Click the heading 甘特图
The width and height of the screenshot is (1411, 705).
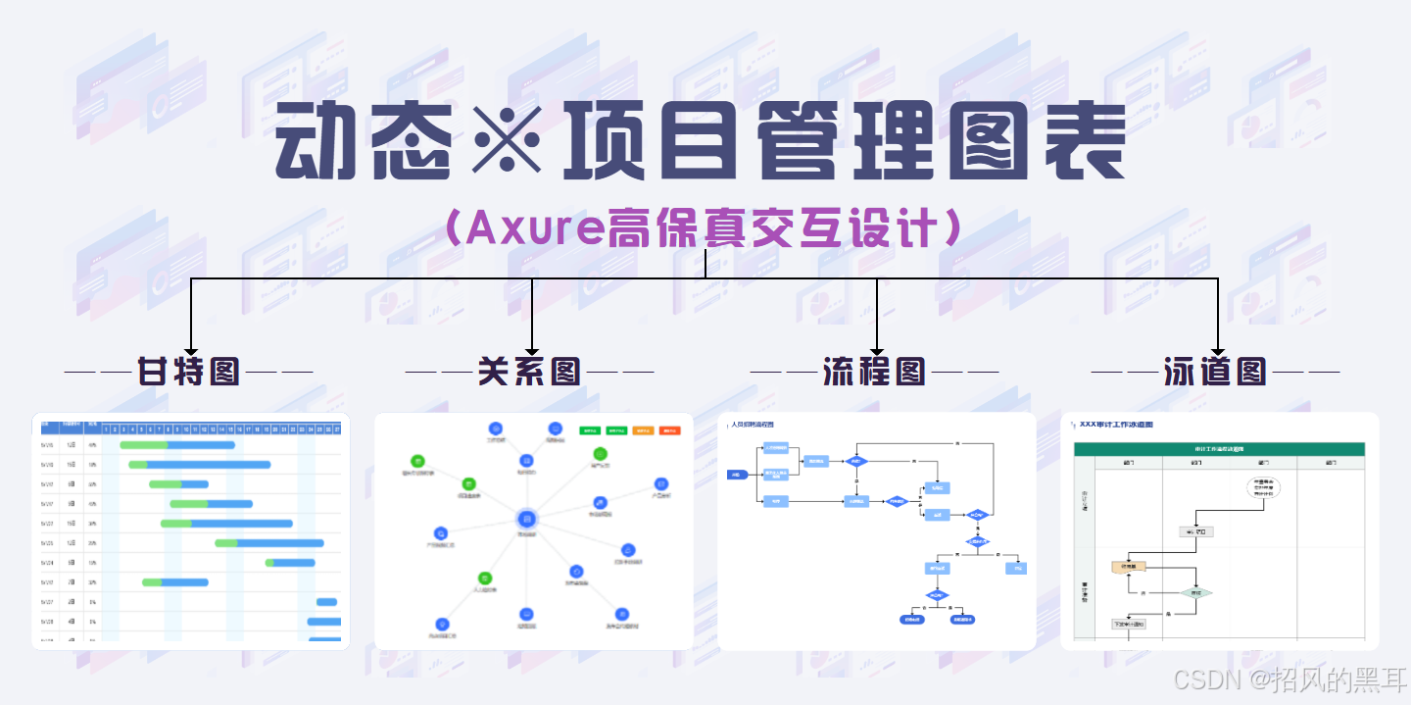(x=189, y=372)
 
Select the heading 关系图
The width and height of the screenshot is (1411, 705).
(x=529, y=372)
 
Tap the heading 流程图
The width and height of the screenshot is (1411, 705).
(x=874, y=372)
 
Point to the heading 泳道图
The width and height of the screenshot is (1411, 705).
(x=1215, y=372)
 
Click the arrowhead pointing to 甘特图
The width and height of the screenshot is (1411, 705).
(x=191, y=348)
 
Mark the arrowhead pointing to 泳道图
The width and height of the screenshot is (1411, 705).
(x=1218, y=348)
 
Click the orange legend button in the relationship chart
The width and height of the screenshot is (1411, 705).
(x=644, y=430)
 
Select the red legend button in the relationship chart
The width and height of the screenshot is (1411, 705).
(x=670, y=430)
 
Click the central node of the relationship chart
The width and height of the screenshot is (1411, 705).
(x=527, y=517)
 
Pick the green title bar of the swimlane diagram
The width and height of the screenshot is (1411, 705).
(x=1219, y=449)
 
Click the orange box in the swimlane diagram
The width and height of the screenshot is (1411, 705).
(x=1129, y=567)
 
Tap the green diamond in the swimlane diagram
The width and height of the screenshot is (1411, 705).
(x=1195, y=593)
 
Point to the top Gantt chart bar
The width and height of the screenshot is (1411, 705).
(x=177, y=445)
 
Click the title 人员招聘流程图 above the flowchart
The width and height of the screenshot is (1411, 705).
(x=752, y=425)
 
